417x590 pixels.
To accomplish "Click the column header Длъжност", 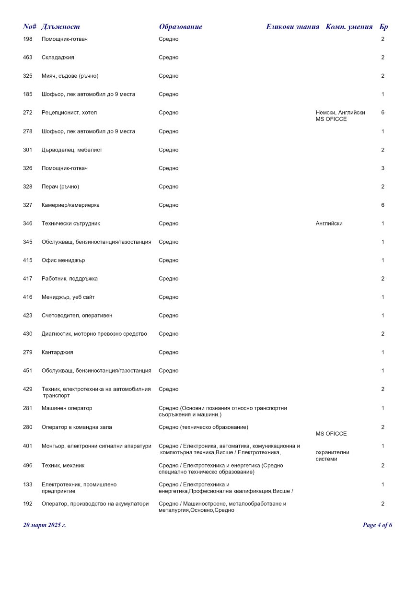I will pos(60,27).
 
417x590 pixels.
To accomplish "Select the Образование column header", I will pos(181,27).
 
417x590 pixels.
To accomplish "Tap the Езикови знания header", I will pos(292,27).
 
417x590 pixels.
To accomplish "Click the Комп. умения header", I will pos(349,27).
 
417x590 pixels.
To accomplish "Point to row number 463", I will pos(28,58).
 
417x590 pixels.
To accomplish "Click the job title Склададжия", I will pos(58,58).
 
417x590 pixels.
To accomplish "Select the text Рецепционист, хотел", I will pos(69,113).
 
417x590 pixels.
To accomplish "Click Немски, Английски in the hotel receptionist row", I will pos(340,113).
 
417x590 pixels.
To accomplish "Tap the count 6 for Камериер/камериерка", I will pos(382,205).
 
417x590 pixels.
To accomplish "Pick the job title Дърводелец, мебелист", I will pos(72,150).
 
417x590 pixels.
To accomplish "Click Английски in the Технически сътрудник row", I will pos(329,224).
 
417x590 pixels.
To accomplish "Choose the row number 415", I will pos(28,260).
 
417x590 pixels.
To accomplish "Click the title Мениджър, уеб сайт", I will pos(68,297).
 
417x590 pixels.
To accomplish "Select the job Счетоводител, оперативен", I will pos(77,316).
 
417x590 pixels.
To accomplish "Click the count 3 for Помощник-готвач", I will pos(382,168).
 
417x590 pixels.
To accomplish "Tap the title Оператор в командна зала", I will pos(77,427).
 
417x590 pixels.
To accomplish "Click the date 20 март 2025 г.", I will pos(45,525).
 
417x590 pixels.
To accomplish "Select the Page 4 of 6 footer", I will pos(378,525).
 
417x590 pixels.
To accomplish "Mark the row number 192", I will pos(28,504).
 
